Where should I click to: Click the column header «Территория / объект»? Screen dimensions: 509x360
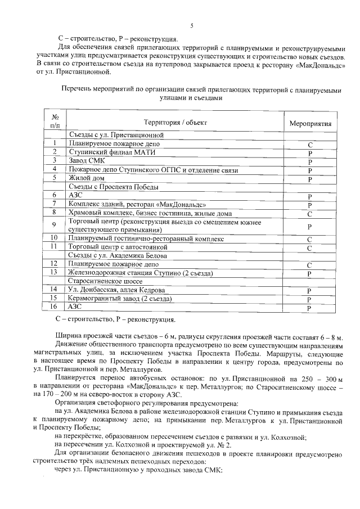click(x=175, y=122)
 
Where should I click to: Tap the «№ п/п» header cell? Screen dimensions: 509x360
click(x=55, y=122)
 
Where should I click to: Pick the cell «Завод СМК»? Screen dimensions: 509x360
click(x=85, y=161)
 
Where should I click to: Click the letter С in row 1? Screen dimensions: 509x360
click(x=310, y=145)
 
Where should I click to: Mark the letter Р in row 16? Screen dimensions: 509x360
click(x=310, y=307)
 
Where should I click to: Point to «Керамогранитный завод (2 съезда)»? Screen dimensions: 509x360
click(x=119, y=298)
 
